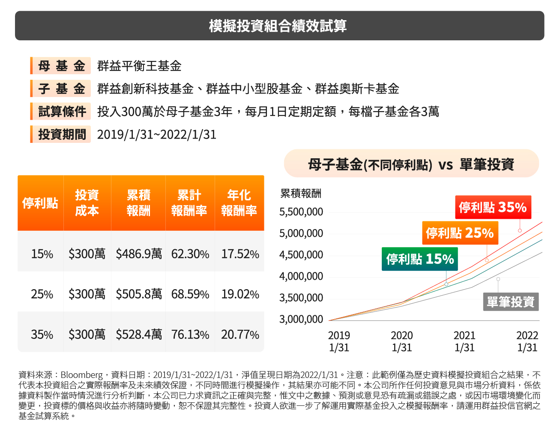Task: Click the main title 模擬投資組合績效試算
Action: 278,26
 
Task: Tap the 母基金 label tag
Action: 61,66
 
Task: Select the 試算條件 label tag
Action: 61,112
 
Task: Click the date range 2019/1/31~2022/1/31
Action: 156,135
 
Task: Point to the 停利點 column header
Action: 40,202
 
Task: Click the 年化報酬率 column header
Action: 239,202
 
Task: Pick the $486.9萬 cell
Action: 139,254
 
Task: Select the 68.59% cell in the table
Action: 190,294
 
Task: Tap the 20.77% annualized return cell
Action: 240,334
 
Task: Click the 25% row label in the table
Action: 42,294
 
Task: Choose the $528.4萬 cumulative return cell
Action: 139,334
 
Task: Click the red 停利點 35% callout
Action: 493,207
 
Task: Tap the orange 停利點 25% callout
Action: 460,233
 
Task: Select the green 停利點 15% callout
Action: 420,259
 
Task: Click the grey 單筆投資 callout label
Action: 511,302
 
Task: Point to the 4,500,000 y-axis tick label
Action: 301,255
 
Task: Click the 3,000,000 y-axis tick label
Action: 301,319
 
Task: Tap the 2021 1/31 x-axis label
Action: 464,341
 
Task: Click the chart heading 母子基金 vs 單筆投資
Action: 411,164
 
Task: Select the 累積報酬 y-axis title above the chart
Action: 300,193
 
